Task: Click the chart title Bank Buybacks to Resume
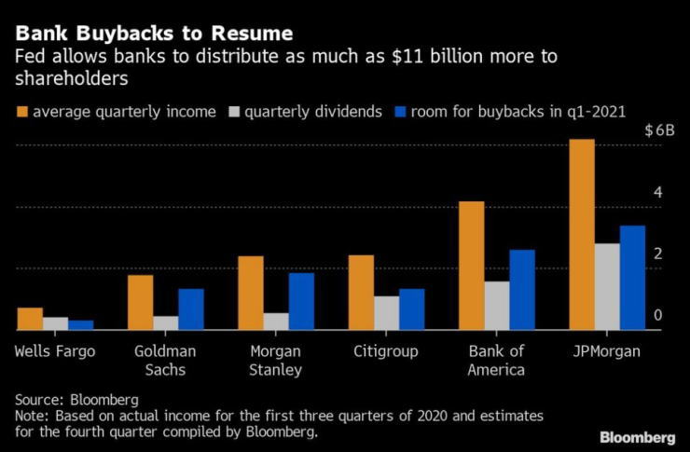click(x=154, y=34)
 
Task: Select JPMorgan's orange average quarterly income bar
click(x=581, y=234)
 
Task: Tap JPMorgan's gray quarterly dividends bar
click(x=607, y=286)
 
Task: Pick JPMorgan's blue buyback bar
click(x=632, y=277)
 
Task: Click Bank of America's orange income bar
click(x=471, y=266)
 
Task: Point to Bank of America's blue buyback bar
click(x=522, y=289)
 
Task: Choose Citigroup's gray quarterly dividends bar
click(x=386, y=313)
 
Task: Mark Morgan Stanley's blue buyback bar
click(x=301, y=301)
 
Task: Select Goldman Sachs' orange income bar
click(x=140, y=302)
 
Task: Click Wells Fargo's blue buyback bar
click(x=81, y=324)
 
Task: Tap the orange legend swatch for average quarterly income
click(x=21, y=112)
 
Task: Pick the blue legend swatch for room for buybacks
click(x=404, y=112)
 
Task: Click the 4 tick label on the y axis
click(x=657, y=192)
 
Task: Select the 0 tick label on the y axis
click(x=657, y=316)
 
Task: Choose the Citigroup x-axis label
click(x=386, y=351)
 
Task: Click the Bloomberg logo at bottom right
click(x=638, y=436)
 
